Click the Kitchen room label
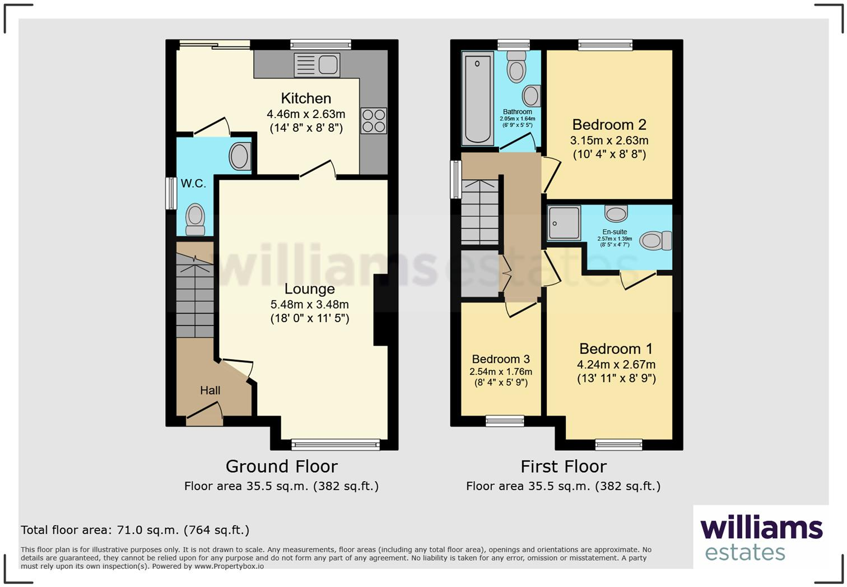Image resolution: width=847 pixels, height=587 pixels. (x=306, y=99)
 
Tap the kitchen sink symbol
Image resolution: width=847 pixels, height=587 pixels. (x=317, y=65)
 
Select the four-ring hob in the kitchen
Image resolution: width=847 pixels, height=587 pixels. (x=374, y=120)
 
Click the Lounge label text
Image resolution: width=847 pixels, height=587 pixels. (x=309, y=289)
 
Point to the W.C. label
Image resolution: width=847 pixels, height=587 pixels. (x=193, y=183)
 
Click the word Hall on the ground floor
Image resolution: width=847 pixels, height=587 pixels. (x=210, y=390)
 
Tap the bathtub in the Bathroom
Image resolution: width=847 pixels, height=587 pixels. (x=477, y=99)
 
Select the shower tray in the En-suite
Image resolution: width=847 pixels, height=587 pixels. (x=564, y=223)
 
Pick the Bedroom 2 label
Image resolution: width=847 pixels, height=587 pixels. (x=609, y=124)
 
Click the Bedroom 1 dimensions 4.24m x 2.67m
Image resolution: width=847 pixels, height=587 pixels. (x=616, y=365)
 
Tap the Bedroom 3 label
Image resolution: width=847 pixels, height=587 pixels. (x=501, y=359)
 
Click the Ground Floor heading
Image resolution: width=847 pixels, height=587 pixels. (x=281, y=467)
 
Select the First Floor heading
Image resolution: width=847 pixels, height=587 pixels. (x=564, y=467)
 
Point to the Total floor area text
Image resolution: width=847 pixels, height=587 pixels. (x=135, y=530)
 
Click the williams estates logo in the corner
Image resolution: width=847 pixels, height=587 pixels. (x=761, y=537)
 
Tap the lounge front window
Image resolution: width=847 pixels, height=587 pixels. (x=336, y=445)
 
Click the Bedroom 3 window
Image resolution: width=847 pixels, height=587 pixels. (x=505, y=421)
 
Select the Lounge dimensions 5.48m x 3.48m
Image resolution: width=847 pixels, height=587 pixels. (x=309, y=305)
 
